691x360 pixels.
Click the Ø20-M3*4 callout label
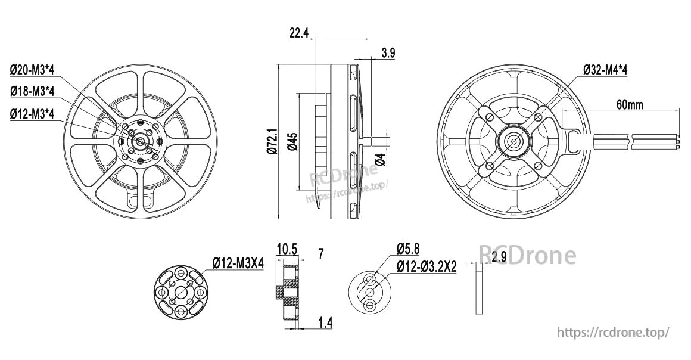click(x=32, y=70)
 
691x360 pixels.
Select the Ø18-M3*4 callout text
click(x=32, y=91)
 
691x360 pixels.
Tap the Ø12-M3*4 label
click(x=32, y=113)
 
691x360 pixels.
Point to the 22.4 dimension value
click(x=298, y=33)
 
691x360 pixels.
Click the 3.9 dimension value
click(x=388, y=53)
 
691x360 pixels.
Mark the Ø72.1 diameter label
click(x=272, y=142)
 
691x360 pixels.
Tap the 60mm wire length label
click(x=630, y=105)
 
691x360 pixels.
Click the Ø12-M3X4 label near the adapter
click(x=238, y=263)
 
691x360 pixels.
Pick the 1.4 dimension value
click(x=325, y=322)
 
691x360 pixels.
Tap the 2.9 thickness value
click(x=499, y=257)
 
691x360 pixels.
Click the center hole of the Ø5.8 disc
click(x=369, y=291)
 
